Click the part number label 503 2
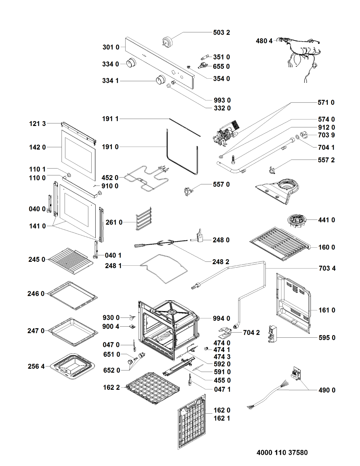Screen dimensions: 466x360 [221, 33]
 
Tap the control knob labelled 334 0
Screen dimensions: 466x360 [131, 63]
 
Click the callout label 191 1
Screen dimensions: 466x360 [110, 119]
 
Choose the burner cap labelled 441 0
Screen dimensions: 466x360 [297, 221]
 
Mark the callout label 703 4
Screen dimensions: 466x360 [327, 268]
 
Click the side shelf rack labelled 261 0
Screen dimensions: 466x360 [144, 218]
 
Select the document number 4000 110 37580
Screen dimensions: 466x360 [282, 453]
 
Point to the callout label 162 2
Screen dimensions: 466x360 [111, 387]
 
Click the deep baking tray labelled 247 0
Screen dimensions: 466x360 [74, 332]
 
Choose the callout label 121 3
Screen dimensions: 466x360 [37, 124]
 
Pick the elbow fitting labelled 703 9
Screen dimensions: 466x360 [303, 134]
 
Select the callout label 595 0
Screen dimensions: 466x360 [327, 338]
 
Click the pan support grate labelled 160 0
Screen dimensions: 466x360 [279, 243]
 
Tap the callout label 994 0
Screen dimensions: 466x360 [221, 318]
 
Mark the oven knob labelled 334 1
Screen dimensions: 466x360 [160, 80]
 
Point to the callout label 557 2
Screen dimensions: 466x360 [326, 160]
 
